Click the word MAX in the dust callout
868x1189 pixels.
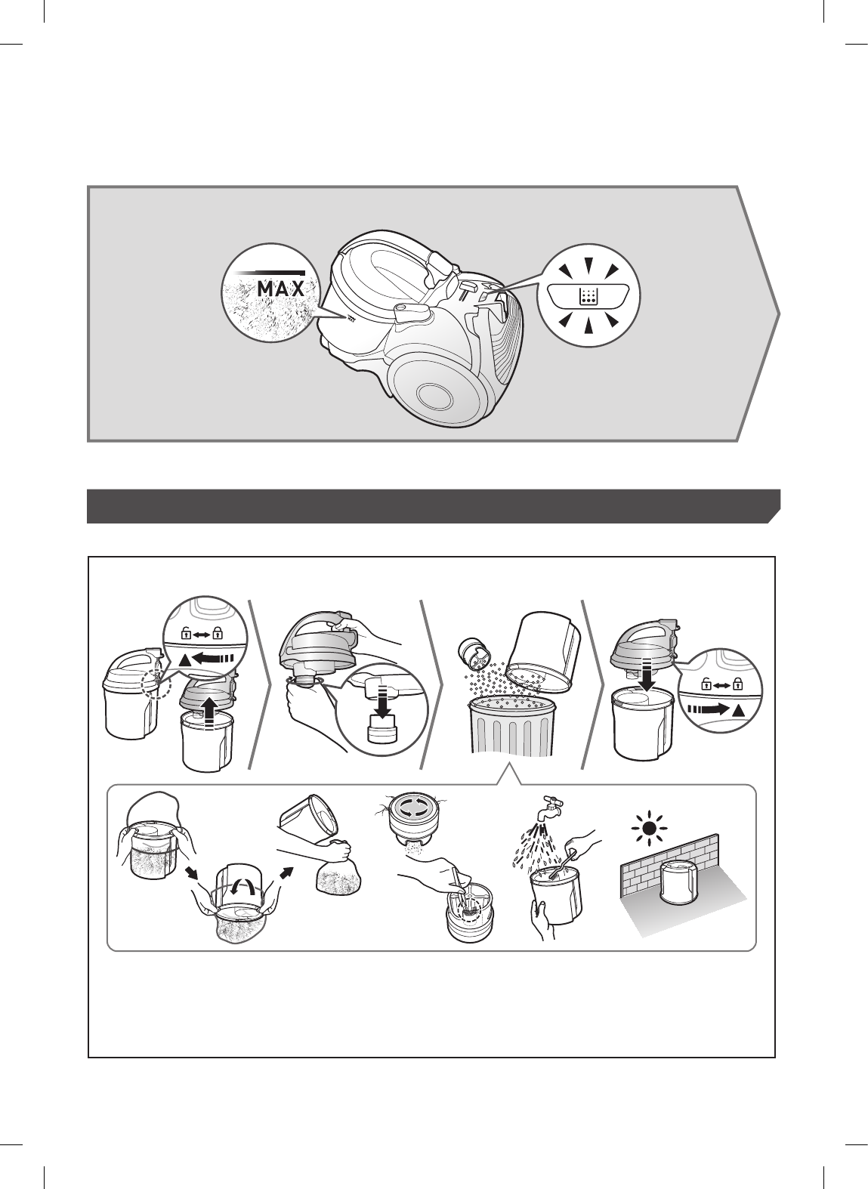[x=280, y=289]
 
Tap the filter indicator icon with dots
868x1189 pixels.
[x=587, y=295]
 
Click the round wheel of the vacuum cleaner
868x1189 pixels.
[x=434, y=392]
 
